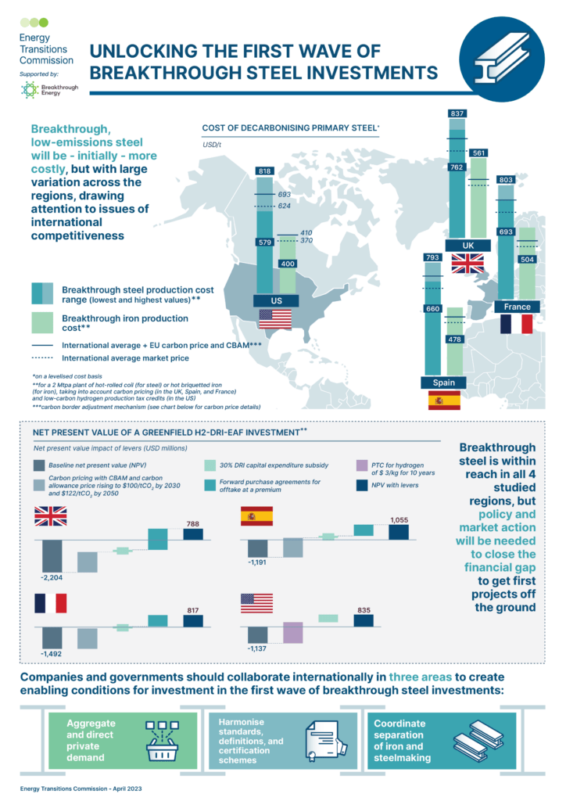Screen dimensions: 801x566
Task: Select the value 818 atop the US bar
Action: (264, 171)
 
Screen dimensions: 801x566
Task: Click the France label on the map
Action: (517, 307)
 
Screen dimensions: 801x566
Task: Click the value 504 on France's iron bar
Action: (528, 259)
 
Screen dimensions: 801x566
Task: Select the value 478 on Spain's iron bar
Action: (454, 339)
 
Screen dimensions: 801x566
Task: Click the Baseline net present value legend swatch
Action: (39, 465)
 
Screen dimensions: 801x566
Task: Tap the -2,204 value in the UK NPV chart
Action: (50, 577)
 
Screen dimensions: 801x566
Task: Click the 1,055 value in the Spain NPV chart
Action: (399, 520)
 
